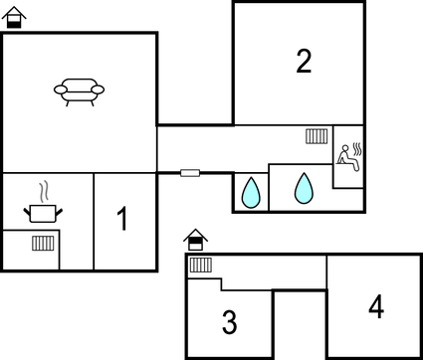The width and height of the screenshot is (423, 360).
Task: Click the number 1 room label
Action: pos(123,219)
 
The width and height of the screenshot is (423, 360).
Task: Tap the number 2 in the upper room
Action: pos(304,62)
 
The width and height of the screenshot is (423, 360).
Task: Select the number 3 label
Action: pos(229,322)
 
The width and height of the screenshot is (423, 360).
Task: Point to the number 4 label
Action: pos(375,307)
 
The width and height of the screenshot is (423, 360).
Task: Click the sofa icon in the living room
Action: pos(79,91)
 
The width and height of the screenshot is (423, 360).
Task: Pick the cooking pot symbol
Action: pos(42,211)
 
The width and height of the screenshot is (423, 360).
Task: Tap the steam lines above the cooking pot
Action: pos(42,190)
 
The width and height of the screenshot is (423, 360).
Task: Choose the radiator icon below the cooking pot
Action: pos(42,243)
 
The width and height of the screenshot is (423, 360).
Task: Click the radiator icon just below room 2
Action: pos(317,136)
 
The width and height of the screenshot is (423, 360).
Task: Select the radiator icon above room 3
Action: pos(201,265)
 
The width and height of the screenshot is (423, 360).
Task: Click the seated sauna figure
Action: pos(345,155)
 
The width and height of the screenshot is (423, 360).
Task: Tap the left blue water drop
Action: pos(251,191)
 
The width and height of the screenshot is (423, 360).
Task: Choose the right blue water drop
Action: pos(303,187)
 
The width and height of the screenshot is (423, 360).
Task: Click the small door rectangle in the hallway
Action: pos(189,173)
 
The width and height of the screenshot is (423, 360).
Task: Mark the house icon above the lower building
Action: pos(196,240)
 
